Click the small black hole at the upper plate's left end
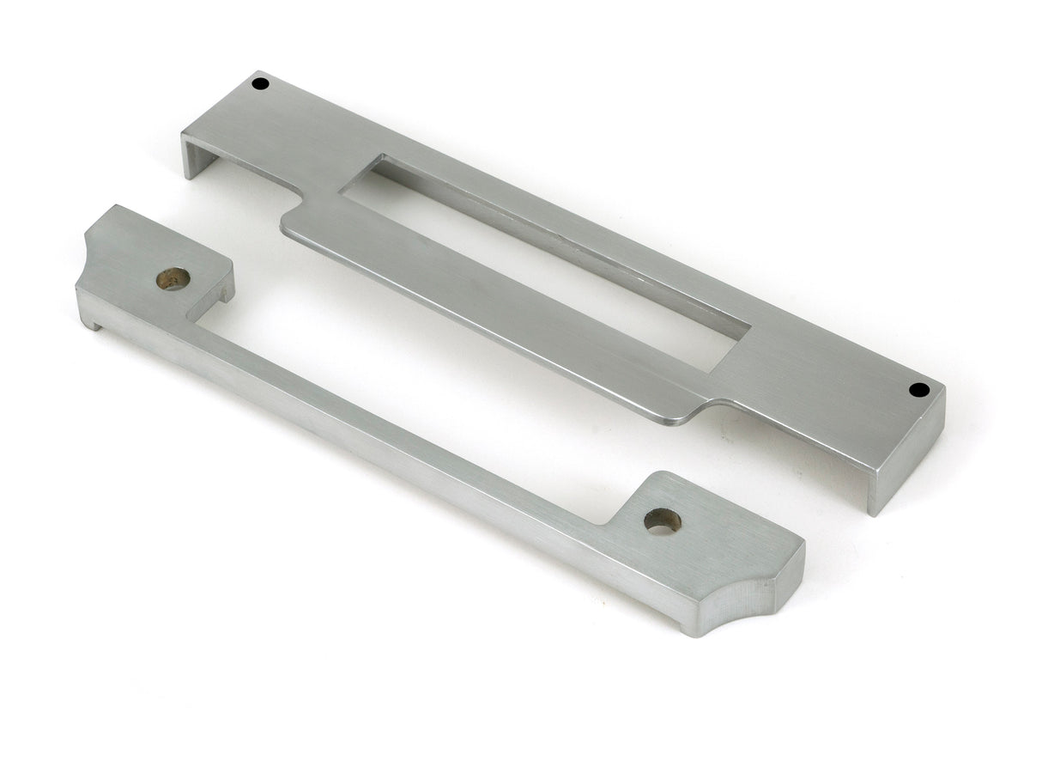(260, 83)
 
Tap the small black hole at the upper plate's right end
(919, 390)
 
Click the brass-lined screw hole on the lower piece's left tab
(173, 278)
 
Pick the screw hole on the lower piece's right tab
(663, 520)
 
